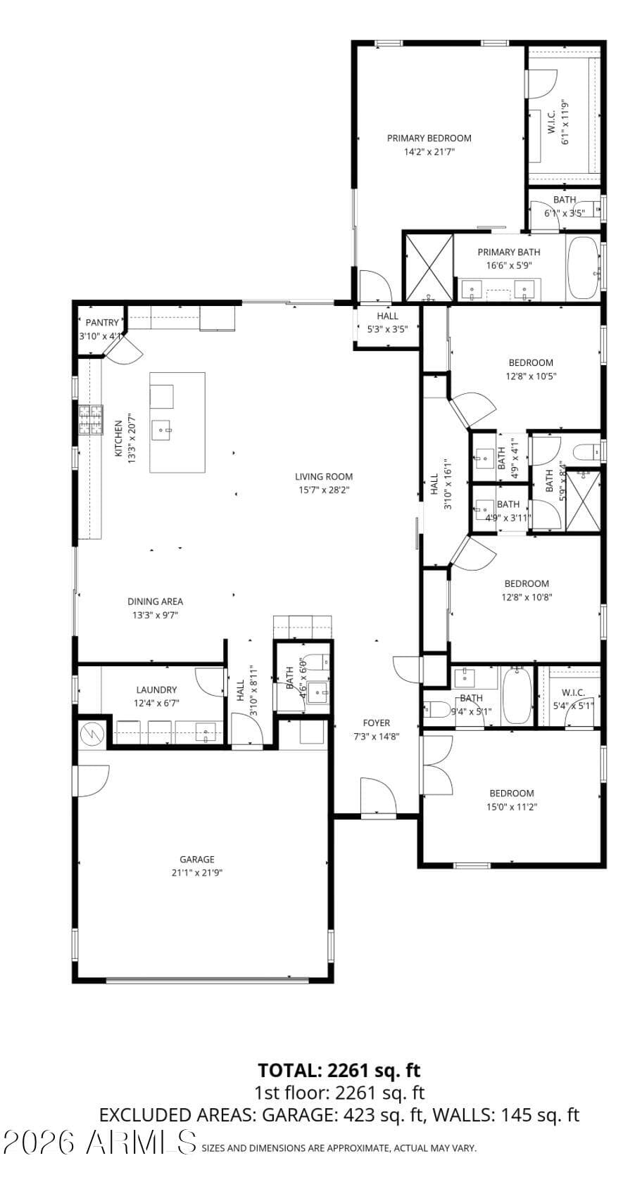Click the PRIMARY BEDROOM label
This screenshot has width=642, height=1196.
click(429, 138)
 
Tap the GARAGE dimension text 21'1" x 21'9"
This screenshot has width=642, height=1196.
click(196, 872)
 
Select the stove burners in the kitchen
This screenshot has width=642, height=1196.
click(90, 420)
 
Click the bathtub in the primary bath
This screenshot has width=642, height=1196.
click(583, 268)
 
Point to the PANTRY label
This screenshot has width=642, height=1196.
click(103, 323)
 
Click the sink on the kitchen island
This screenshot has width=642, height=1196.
click(165, 428)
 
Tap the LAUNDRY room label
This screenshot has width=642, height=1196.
click(156, 689)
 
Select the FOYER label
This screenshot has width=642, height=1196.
click(376, 723)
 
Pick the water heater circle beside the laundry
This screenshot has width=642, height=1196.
click(92, 734)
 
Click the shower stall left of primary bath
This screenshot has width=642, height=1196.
click(428, 267)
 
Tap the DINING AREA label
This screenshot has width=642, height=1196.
click(155, 602)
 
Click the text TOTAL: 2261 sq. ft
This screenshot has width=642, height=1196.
click(339, 1070)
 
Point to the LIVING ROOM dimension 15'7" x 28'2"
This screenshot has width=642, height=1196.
click(323, 490)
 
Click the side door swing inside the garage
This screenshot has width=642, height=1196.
click(92, 781)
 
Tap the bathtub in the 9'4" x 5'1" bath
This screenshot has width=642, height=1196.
click(517, 696)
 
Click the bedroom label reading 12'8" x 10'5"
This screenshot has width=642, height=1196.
click(531, 376)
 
